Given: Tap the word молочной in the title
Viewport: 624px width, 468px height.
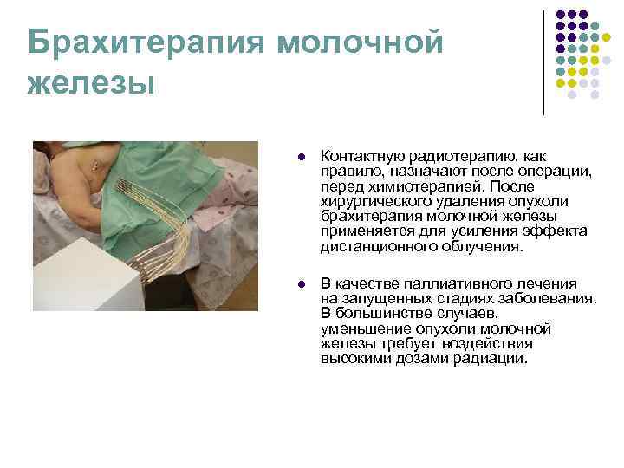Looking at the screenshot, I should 361,42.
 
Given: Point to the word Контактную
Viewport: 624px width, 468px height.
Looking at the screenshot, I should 360,157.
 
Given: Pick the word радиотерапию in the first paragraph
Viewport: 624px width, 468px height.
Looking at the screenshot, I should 451,157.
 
